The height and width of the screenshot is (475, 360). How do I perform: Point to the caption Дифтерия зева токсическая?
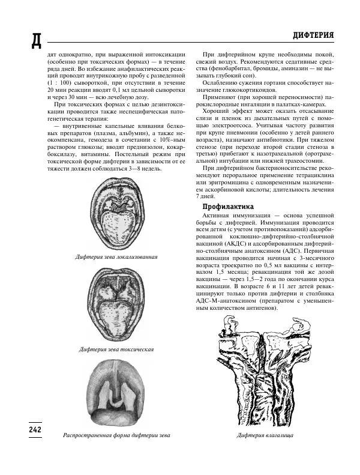116,349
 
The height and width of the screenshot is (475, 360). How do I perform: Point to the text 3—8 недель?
143,170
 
